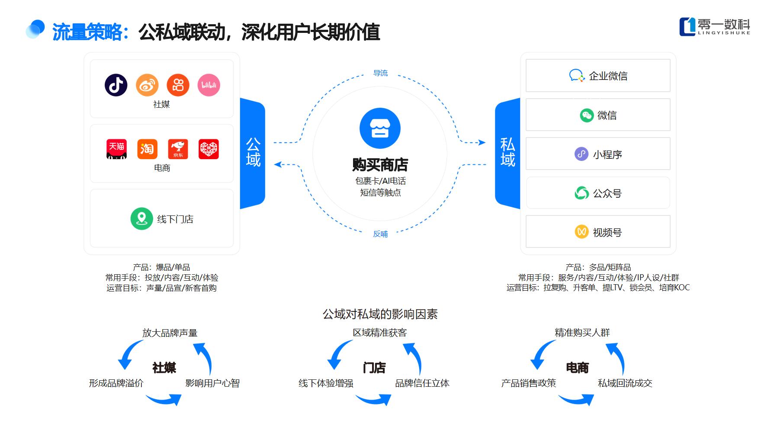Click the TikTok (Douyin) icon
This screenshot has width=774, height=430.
click(116, 85)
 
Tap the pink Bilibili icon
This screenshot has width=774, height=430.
click(209, 85)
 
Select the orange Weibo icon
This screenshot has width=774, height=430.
click(147, 85)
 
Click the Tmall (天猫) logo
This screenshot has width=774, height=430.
click(116, 149)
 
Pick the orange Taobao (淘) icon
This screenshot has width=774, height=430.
click(147, 149)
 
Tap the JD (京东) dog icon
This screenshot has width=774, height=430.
click(178, 149)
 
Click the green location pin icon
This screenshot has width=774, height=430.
click(141, 218)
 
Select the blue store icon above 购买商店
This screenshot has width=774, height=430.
click(380, 128)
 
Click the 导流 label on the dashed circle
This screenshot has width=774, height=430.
click(380, 73)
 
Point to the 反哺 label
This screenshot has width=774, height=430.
click(380, 234)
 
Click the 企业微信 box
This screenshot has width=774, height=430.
click(598, 76)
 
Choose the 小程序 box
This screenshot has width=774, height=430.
click(598, 154)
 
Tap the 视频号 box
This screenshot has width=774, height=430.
click(598, 232)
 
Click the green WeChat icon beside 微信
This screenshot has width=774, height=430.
click(586, 115)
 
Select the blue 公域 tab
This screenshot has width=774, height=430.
click(253, 153)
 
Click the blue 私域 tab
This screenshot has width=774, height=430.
click(507, 153)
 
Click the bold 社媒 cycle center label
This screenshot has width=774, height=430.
click(164, 368)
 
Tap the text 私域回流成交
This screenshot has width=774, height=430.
click(625, 383)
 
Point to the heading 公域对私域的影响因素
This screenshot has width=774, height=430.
click(380, 314)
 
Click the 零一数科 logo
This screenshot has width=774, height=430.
click(714, 27)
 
